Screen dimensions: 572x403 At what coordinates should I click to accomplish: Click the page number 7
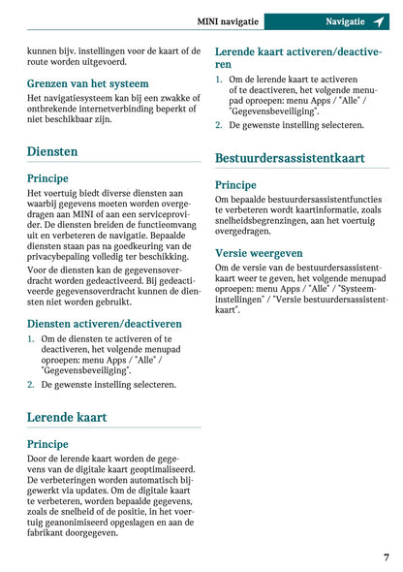tap(386, 557)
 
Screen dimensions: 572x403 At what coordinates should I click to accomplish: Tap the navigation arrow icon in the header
tap(379, 20)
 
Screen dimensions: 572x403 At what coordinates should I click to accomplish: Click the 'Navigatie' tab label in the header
tap(345, 20)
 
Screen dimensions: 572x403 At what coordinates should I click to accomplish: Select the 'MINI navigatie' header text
tap(255, 20)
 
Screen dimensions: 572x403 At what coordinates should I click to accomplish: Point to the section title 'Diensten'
tap(52, 151)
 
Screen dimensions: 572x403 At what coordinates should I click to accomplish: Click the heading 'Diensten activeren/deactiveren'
tap(104, 323)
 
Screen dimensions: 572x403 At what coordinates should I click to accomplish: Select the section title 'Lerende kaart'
tap(67, 417)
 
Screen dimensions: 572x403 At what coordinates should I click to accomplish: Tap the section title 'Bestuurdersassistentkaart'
tap(290, 157)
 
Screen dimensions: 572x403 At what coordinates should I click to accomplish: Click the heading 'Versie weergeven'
tap(259, 253)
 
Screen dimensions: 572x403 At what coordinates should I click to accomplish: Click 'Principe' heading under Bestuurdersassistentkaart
tap(235, 184)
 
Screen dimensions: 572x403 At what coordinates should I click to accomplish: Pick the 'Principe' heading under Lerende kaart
tap(47, 443)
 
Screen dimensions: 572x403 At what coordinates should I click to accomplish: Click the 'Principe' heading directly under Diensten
tap(47, 178)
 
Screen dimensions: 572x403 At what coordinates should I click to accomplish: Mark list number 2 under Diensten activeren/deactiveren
tap(31, 384)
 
